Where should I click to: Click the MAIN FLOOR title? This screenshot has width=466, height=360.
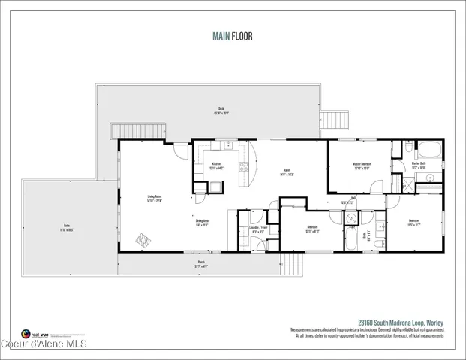[233, 34]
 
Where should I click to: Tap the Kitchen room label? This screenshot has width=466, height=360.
[216, 166]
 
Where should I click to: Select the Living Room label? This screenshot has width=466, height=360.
[155, 199]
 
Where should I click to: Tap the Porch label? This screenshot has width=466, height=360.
[201, 263]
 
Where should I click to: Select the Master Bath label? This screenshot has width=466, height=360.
[419, 166]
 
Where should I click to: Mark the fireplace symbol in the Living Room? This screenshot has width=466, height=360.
[142, 241]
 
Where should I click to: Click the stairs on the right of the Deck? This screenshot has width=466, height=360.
[337, 120]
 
